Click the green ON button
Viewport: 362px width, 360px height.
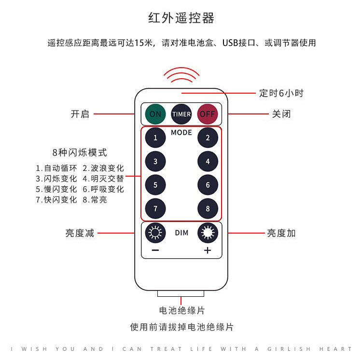coord(155,114)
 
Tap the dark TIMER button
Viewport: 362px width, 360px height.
coord(181,114)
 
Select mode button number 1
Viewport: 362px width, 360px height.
coord(155,138)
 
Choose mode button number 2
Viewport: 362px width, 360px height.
coord(208,138)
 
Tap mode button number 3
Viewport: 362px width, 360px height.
coord(155,161)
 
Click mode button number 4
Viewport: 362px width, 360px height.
coord(208,161)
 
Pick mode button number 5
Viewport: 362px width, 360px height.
coord(155,185)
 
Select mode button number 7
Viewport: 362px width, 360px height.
coord(155,208)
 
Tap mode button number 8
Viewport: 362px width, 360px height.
coord(208,208)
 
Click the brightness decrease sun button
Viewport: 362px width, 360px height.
coord(155,233)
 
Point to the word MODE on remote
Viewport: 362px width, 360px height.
coord(181,132)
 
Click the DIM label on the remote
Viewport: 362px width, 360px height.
coord(181,233)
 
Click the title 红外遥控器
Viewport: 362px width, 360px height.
coord(181,18)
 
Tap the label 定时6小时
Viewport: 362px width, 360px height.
coord(281,93)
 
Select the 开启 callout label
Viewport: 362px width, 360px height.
coord(80,114)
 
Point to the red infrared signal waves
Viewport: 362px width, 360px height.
coord(181,75)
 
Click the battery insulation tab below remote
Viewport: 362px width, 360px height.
coord(181,293)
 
